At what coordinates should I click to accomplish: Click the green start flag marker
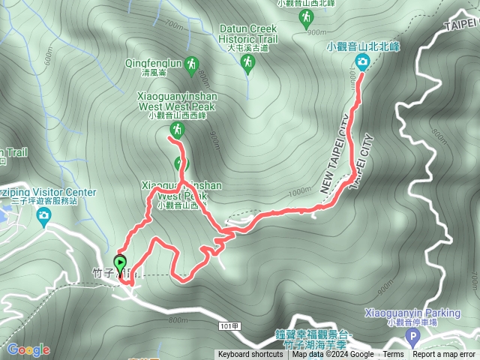click(x=120, y=264)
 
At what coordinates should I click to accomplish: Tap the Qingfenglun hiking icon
click(x=193, y=65)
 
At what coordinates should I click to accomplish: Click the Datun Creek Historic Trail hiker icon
click(x=247, y=65)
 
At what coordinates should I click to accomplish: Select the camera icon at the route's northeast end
click(x=363, y=61)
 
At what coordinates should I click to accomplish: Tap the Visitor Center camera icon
click(x=43, y=217)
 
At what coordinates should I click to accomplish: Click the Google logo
click(x=28, y=349)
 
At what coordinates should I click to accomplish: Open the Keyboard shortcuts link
click(x=250, y=355)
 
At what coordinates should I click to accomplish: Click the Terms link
click(x=393, y=355)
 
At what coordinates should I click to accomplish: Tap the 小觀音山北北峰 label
click(x=363, y=46)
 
